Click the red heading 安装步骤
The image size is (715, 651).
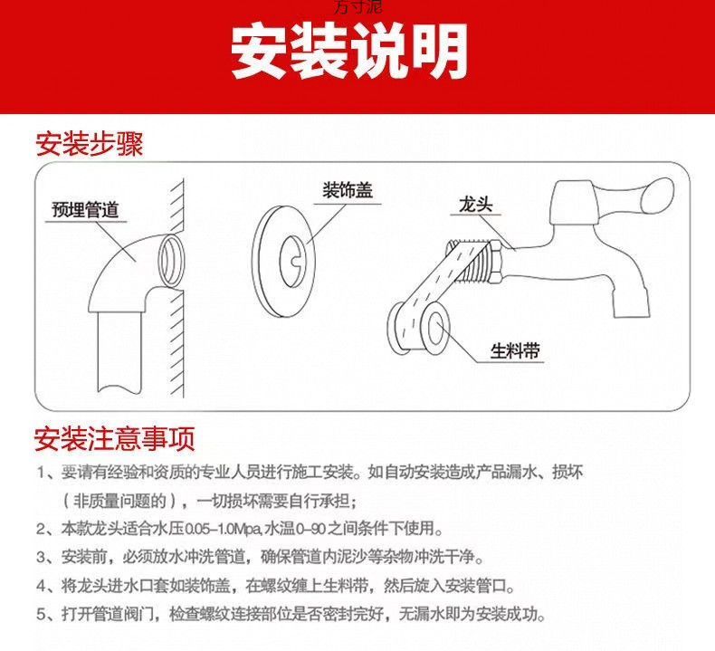(x=89, y=143)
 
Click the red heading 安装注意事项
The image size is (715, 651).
(x=115, y=440)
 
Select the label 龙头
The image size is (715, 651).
(x=473, y=207)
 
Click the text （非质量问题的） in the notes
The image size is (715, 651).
(x=124, y=501)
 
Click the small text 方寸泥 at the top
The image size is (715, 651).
(x=357, y=6)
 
